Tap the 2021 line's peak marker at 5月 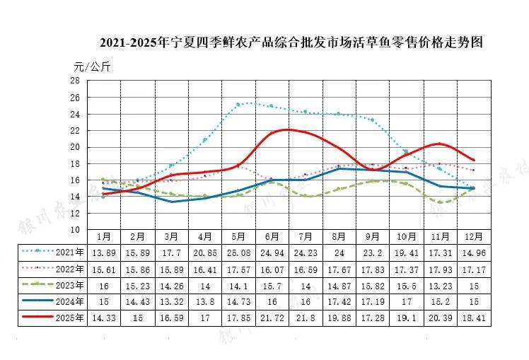coord(238,105)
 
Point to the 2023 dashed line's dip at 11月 coord(441,203)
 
